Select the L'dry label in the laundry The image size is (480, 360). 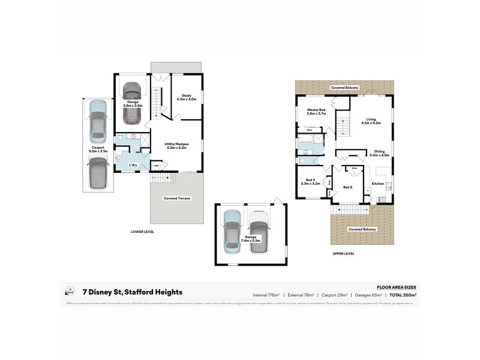click(134, 164)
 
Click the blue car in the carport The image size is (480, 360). click(97, 117)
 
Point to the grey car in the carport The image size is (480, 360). click(97, 175)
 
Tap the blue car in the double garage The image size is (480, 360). click(232, 229)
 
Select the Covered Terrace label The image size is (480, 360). click(177, 198)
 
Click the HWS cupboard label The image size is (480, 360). click(156, 166)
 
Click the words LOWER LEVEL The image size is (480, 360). click(143, 231)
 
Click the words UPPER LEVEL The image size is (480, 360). click(343, 253)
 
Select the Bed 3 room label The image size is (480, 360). click(310, 182)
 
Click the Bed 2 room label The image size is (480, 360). click(348, 187)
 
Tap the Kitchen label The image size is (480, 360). click(377, 184)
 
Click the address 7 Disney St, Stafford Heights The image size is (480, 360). click(133, 292)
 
